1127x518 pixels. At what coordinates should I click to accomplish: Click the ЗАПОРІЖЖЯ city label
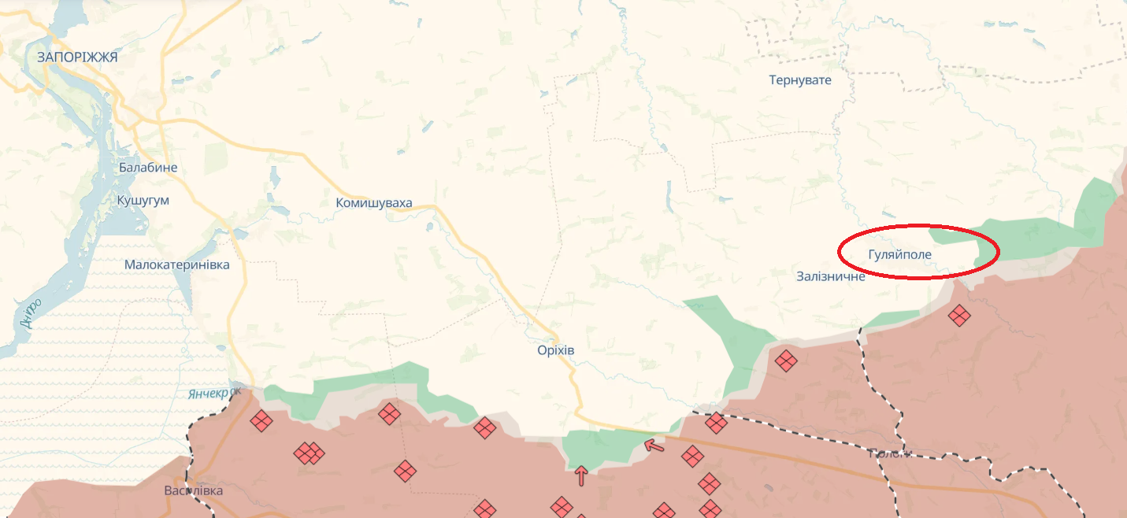[77, 57]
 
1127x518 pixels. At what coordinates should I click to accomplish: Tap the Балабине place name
[148, 168]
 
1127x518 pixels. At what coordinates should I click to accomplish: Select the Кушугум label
[143, 200]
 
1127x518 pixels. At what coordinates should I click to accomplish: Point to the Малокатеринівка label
[177, 265]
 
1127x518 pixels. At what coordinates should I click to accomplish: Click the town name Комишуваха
[374, 203]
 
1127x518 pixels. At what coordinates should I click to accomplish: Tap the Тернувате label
[800, 80]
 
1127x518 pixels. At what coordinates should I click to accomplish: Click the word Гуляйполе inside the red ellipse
[899, 254]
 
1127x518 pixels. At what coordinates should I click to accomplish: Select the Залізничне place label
[831, 276]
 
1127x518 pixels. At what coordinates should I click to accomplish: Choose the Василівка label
[194, 490]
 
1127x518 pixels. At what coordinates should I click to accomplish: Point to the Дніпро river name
[30, 314]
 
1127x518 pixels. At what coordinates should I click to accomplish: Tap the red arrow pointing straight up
[581, 475]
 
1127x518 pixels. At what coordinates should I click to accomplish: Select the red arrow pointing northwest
[654, 446]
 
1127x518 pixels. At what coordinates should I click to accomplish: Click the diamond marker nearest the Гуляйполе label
[958, 316]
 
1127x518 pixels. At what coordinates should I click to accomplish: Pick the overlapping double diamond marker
[309, 453]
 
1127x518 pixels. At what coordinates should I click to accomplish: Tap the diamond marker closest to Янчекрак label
[261, 421]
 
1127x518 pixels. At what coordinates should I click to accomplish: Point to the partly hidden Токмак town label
[890, 453]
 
